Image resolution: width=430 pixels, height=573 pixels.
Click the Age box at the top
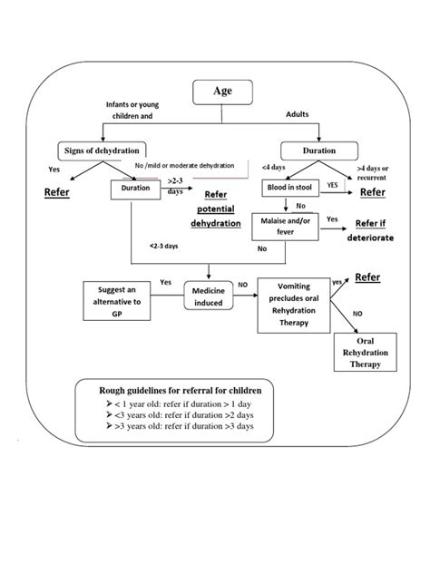pyautogui.click(x=222, y=91)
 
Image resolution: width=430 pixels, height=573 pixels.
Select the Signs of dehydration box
pyautogui.click(x=102, y=150)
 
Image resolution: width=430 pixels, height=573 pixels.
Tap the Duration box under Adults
pyautogui.click(x=313, y=151)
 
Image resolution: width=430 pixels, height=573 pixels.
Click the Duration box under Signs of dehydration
pyautogui.click(x=135, y=189)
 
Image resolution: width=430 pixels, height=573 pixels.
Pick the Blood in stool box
pyautogui.click(x=290, y=186)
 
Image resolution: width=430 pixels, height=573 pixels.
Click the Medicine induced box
pyautogui.click(x=210, y=294)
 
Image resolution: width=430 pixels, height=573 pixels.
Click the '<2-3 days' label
pyautogui.click(x=165, y=246)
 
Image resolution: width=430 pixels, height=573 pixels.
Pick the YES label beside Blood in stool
pyautogui.click(x=332, y=184)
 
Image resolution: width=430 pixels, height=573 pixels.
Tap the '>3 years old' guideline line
pyautogui.click(x=174, y=425)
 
